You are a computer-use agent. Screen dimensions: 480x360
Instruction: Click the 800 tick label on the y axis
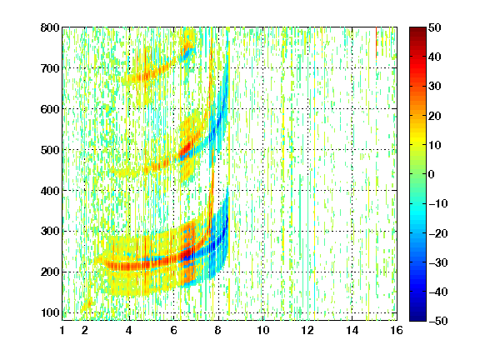[50, 27]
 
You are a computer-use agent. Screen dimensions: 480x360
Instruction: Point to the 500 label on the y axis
[50, 150]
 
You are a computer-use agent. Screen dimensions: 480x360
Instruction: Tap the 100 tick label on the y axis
[50, 313]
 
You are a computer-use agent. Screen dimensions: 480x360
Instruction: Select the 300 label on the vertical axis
[50, 232]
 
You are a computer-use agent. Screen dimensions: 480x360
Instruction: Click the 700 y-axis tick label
[50, 68]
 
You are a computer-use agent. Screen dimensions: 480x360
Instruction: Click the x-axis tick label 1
[62, 330]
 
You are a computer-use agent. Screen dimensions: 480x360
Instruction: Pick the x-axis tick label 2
[85, 330]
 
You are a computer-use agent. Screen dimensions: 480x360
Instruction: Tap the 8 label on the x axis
[218, 330]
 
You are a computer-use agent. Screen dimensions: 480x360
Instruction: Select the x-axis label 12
[307, 330]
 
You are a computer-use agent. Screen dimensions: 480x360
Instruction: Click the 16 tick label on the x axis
[397, 330]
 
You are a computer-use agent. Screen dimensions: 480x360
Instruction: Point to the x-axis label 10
[263, 330]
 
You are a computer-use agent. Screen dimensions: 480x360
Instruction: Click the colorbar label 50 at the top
[435, 27]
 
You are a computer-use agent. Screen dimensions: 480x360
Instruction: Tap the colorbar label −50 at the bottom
[438, 321]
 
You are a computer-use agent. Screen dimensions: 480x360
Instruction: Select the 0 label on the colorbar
[432, 174]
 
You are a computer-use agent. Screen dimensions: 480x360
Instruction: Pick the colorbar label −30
[438, 262]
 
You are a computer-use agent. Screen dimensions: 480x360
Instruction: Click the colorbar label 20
[435, 116]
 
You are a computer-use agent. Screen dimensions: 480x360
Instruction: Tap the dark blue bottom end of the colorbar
[417, 318]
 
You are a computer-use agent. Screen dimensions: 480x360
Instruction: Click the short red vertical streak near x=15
[376, 42]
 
